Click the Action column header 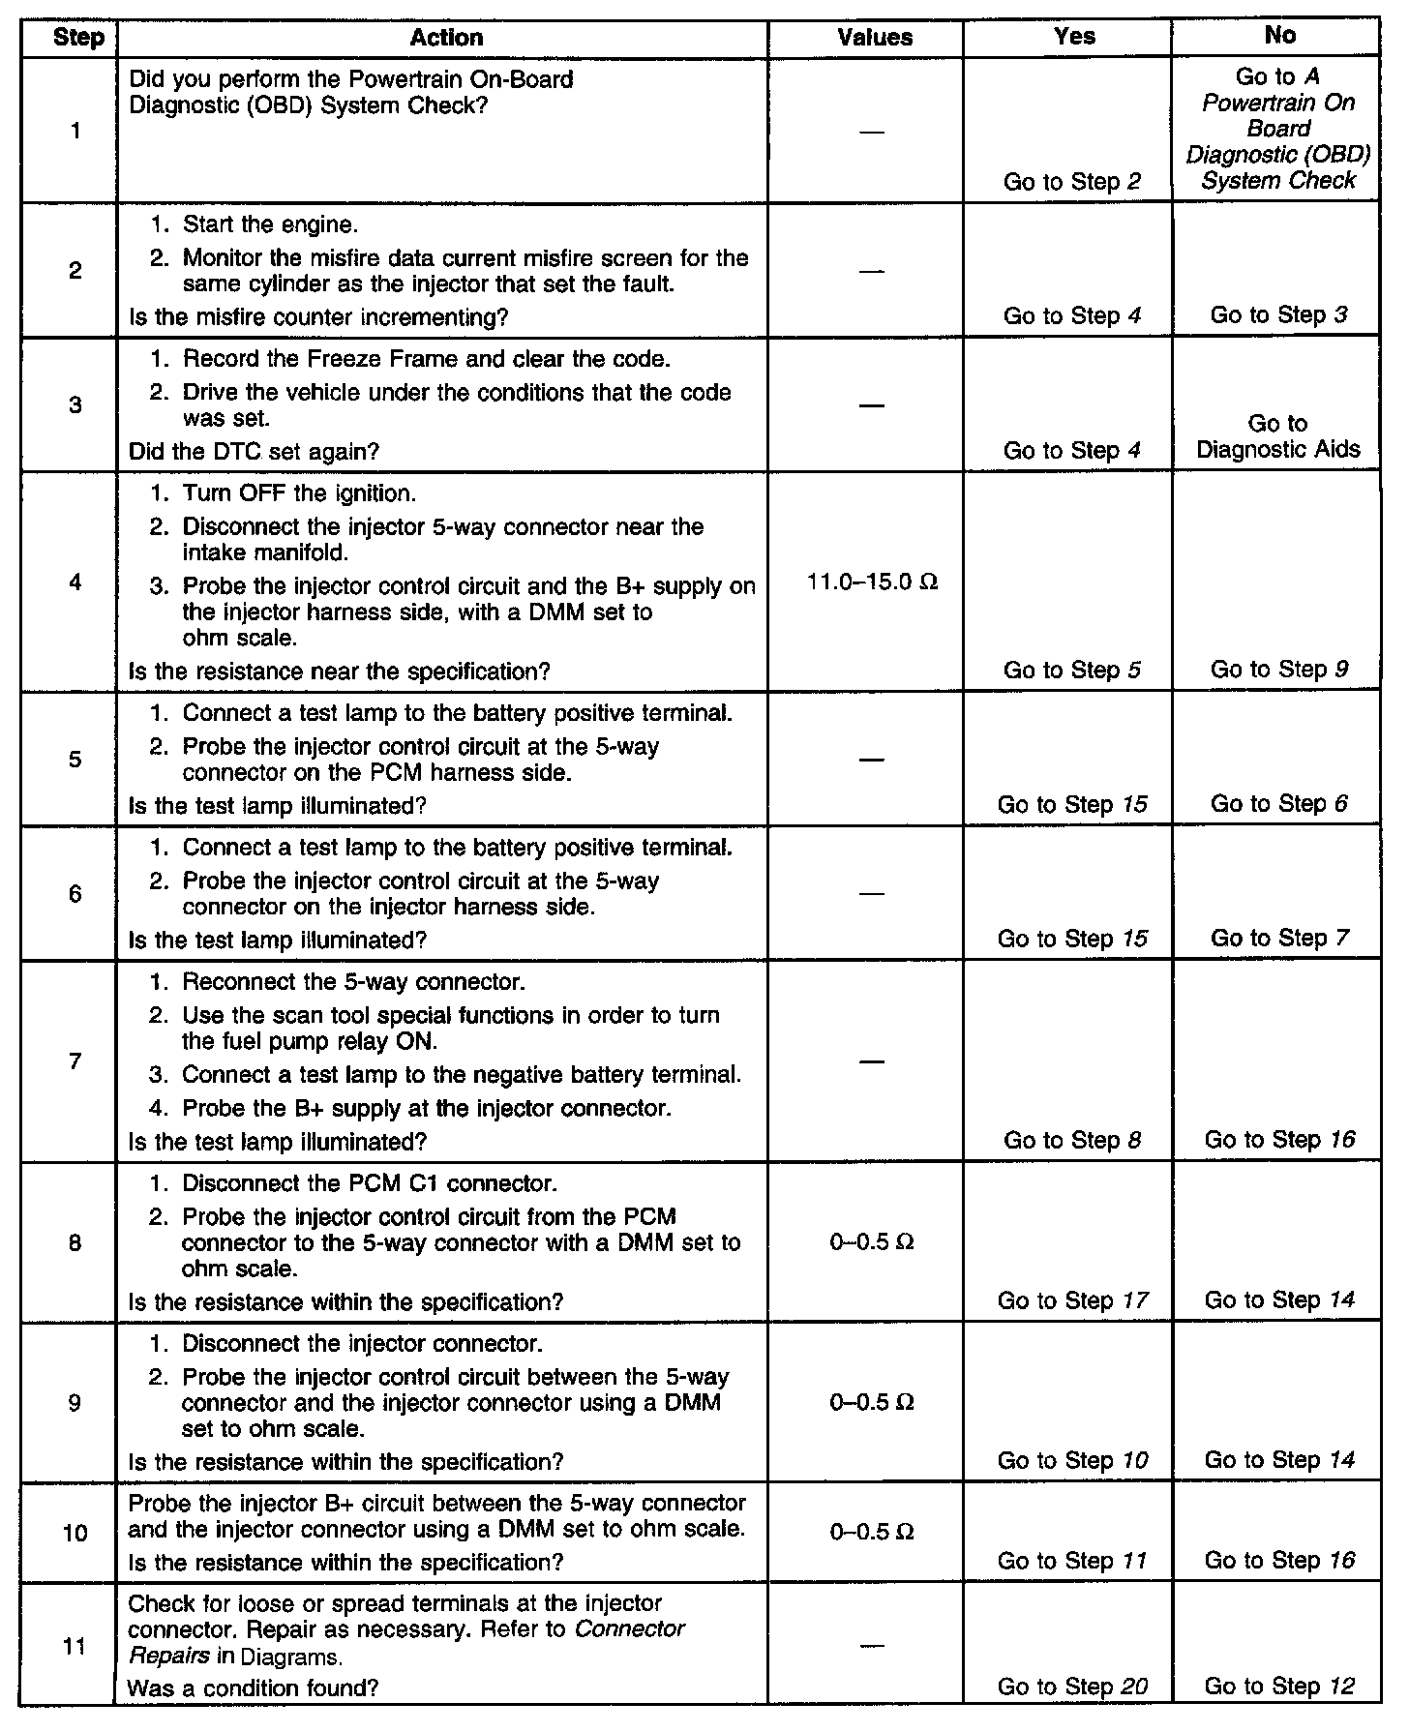point(445,38)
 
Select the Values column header point(875,38)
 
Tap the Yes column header point(1074,37)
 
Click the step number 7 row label point(75,1061)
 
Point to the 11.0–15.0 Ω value point(872,582)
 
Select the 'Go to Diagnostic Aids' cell point(1277,436)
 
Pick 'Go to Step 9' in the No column point(1278,670)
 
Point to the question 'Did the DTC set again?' point(254,451)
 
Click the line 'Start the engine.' point(270,225)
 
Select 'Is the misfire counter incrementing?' point(318,316)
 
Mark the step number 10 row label point(75,1533)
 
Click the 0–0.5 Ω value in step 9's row point(872,1402)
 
